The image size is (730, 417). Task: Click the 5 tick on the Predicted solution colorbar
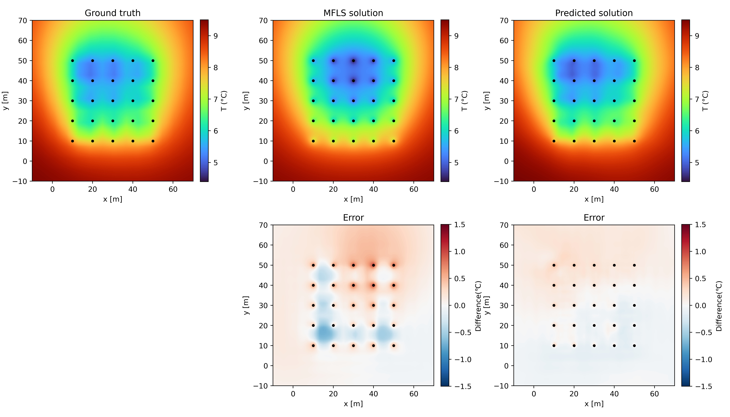pos(697,163)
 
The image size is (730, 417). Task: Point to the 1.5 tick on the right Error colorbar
pos(701,225)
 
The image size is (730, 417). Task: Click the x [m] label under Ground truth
pos(113,199)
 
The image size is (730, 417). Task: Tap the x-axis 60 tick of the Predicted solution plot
pos(654,189)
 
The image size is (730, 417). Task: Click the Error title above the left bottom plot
pos(353,218)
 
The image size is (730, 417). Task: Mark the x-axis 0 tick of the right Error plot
pos(534,394)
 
